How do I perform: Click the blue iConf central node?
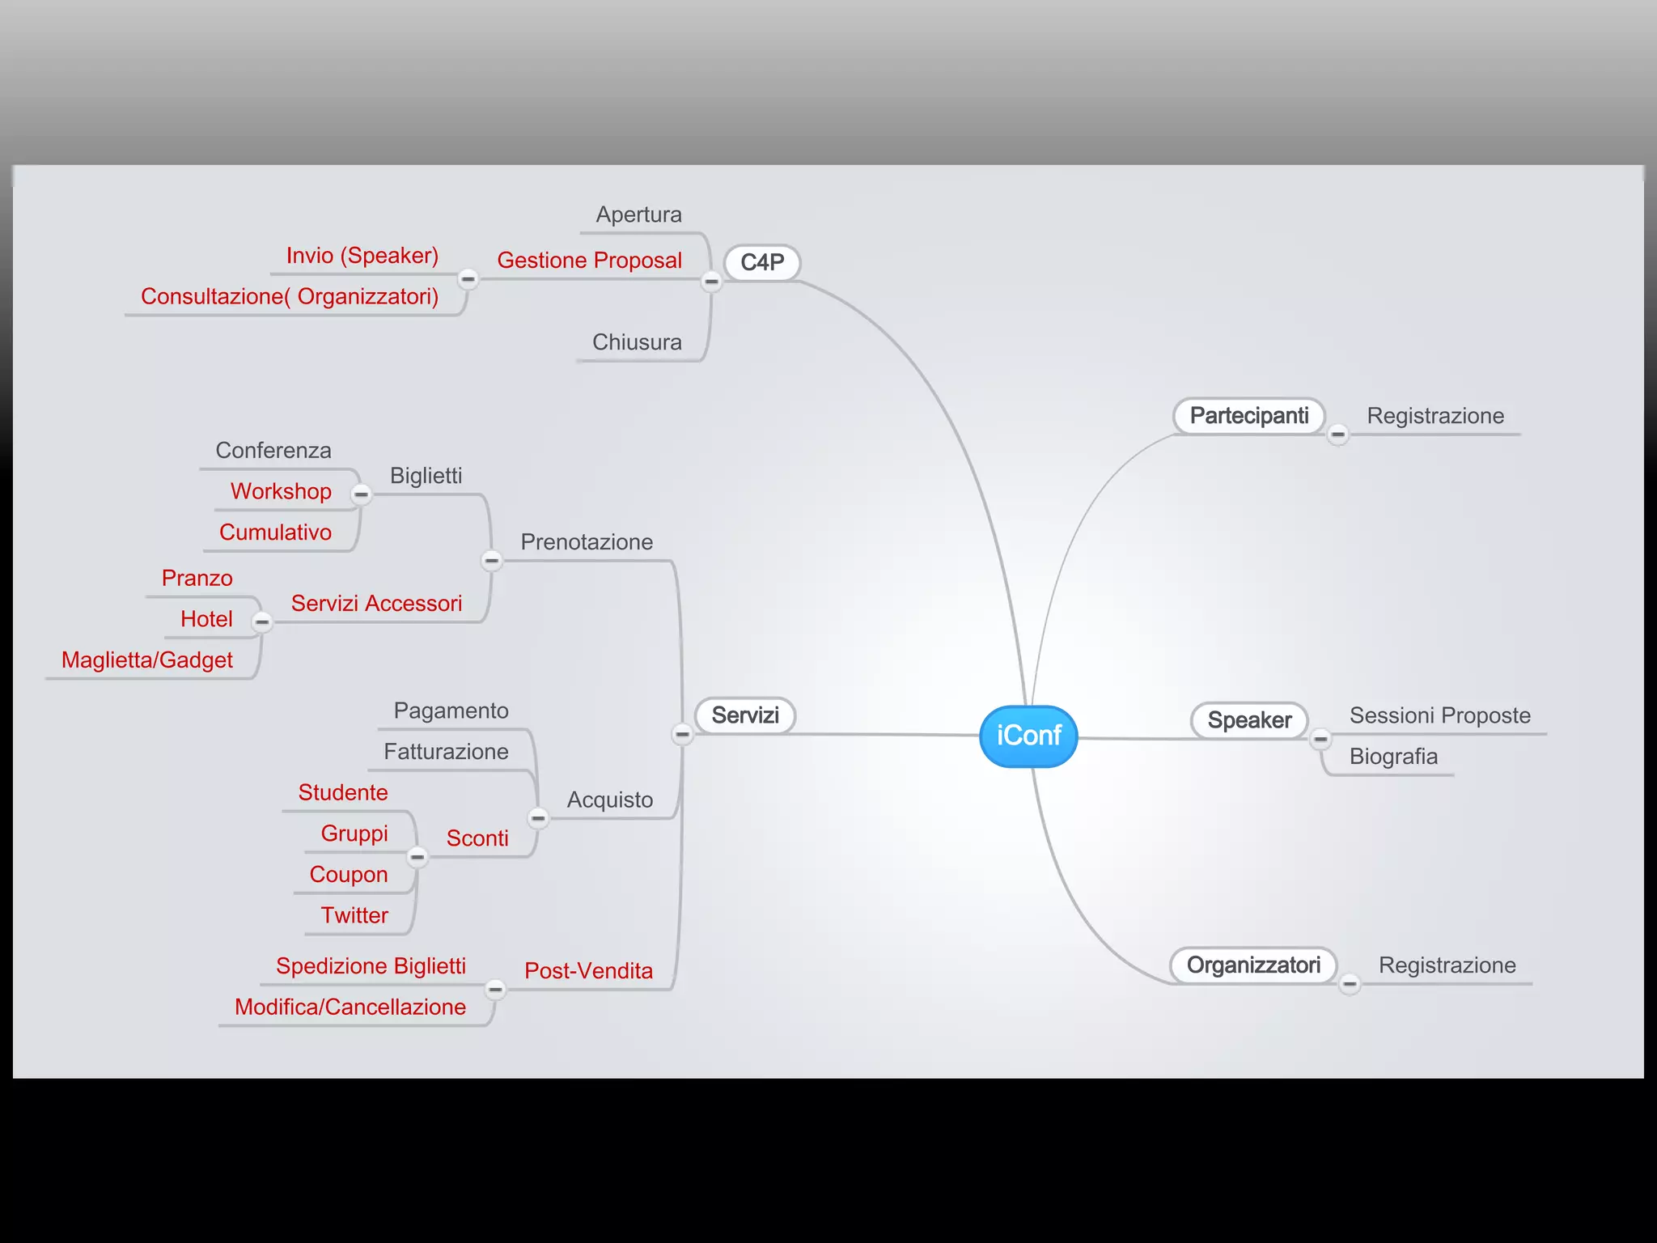click(x=1028, y=736)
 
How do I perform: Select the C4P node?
click(x=761, y=263)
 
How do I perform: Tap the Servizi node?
click(x=745, y=715)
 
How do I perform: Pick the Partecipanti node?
click(x=1248, y=416)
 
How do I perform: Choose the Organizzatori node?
click(x=1252, y=965)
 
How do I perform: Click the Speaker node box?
click(x=1249, y=720)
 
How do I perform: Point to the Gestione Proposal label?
click(x=589, y=261)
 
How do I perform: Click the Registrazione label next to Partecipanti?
click(x=1435, y=416)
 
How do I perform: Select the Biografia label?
click(x=1393, y=757)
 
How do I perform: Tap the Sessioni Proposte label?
click(x=1439, y=715)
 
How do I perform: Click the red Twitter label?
click(x=354, y=915)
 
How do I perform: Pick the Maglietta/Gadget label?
click(x=147, y=660)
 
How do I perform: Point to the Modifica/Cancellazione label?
click(x=350, y=1007)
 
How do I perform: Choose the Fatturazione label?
click(x=446, y=752)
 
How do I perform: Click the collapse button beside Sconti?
click(x=417, y=856)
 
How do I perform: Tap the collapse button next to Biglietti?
click(x=362, y=494)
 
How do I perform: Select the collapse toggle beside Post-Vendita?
click(x=495, y=989)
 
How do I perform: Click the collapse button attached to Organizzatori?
click(x=1350, y=984)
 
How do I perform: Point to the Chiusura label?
click(x=637, y=342)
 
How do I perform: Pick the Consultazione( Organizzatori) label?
click(x=290, y=297)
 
